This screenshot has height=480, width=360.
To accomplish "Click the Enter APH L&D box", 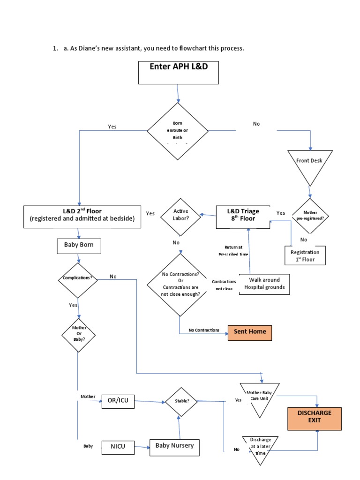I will [179, 72].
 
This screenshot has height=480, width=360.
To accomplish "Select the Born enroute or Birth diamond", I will [178, 131].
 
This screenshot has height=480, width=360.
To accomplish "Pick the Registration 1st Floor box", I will [305, 255].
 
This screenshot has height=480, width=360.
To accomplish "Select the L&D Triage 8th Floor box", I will [243, 217].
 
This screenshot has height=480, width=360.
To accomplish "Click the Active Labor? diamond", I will [180, 216].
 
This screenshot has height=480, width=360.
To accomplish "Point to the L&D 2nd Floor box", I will [82, 217].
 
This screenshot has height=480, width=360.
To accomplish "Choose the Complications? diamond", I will [78, 278].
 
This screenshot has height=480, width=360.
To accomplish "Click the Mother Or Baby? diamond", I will [78, 333].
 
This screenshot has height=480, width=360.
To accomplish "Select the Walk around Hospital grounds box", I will [264, 284].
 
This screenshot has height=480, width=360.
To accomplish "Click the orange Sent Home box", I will [249, 332].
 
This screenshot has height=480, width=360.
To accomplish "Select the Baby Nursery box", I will [174, 447].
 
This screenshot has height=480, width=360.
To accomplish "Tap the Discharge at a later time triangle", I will [260, 448].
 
